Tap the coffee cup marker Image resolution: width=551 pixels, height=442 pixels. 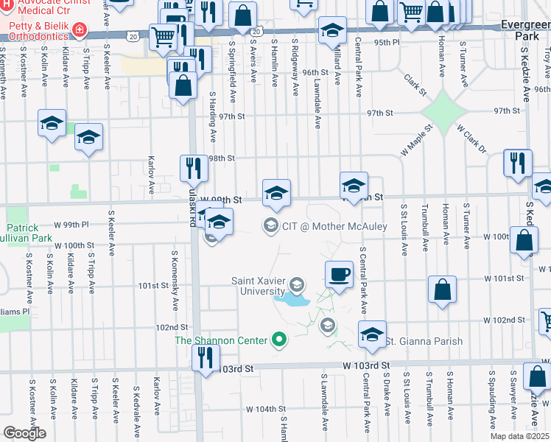339,274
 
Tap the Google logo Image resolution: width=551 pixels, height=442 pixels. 24,433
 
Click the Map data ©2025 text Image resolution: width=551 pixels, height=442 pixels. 519,436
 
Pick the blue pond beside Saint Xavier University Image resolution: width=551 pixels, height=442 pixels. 292,300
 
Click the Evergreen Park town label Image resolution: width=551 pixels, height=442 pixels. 525,30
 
